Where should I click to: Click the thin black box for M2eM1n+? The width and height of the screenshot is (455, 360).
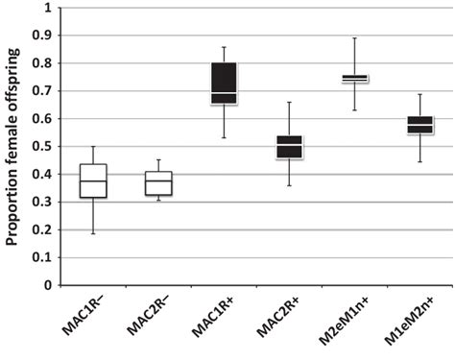coord(355,78)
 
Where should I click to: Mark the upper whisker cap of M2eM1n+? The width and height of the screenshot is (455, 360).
coord(355,38)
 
